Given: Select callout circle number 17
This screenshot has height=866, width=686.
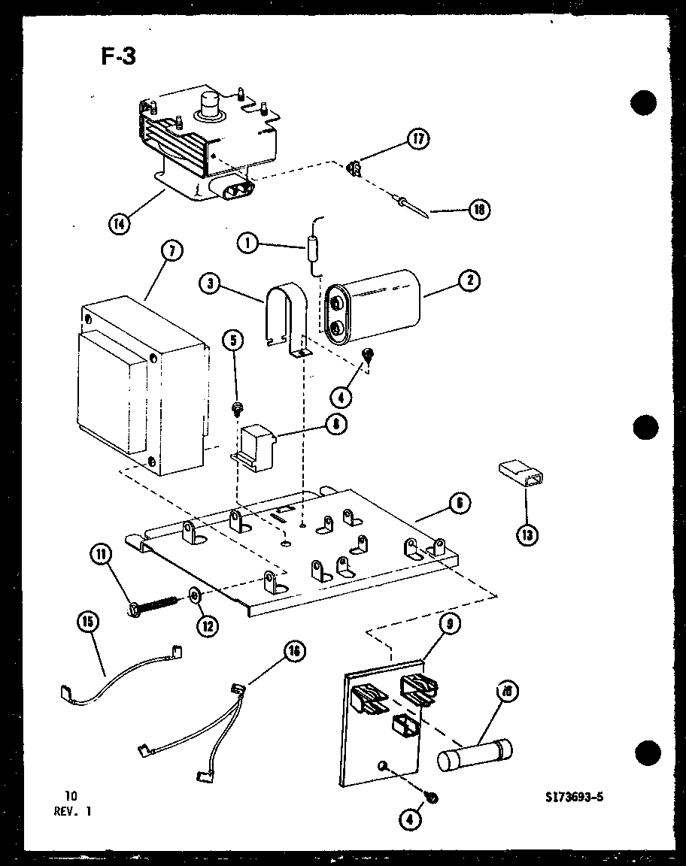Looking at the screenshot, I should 418,139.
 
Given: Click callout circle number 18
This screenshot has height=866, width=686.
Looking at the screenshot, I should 478,210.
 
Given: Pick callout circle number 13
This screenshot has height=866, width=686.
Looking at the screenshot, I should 527,534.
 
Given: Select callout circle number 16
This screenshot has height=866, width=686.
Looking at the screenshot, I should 295,652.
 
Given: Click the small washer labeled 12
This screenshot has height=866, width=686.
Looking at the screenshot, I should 194,595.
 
